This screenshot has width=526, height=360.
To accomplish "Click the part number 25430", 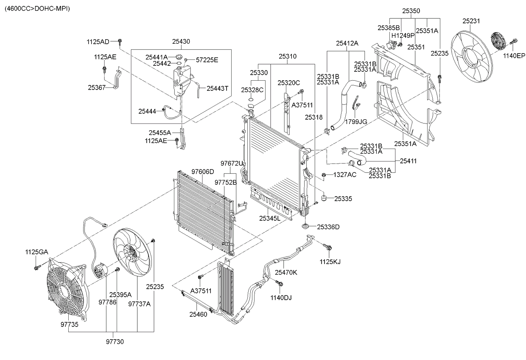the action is [x=181, y=41].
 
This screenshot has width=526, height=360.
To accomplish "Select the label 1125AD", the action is [x=98, y=42].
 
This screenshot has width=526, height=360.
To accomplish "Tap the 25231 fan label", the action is [x=471, y=21].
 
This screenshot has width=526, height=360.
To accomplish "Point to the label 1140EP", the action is [x=514, y=56].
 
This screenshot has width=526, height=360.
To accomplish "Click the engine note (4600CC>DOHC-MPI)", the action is [x=37, y=8].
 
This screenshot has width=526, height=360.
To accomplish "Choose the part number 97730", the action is [x=115, y=341].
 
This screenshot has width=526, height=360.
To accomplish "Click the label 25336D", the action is [x=328, y=227].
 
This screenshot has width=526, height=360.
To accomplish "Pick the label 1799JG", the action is [x=356, y=121].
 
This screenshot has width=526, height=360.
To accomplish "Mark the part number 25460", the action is [x=198, y=314].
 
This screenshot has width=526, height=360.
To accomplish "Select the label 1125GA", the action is [x=36, y=252].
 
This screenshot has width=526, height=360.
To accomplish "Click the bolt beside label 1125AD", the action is [x=120, y=42].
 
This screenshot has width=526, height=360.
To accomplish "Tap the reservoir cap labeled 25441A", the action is [x=179, y=57].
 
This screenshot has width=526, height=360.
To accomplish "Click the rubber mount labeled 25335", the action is [x=324, y=198].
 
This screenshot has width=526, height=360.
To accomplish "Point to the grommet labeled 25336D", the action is [x=305, y=227].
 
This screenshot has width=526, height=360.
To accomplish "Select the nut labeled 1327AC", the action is [x=323, y=174].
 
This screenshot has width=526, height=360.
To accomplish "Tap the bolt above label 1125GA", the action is [x=37, y=267].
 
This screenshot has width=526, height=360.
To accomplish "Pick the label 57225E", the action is [x=207, y=60].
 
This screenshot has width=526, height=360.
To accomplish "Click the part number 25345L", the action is [x=270, y=218].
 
